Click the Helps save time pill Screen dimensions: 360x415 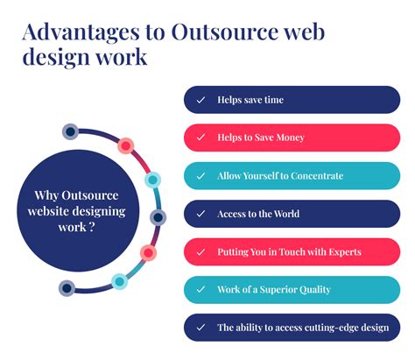pos(292,100)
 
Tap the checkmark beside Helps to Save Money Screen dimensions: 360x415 pos(200,138)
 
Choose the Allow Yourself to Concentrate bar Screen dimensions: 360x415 pos(292,176)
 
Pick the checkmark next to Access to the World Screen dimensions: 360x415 pos(200,214)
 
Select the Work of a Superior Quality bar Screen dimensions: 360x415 pos(292,290)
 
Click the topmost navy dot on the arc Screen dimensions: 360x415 pos(70,132)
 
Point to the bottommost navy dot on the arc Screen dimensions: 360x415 pos(66,288)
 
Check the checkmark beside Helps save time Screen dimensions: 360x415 pos(200,100)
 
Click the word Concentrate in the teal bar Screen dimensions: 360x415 pos(313,176)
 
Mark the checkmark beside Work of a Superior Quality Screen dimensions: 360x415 pos(200,290)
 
